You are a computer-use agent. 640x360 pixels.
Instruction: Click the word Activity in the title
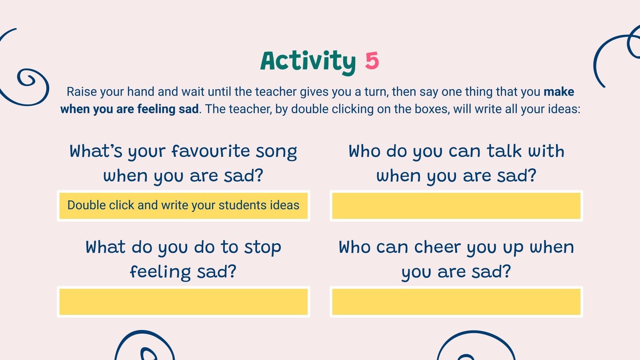308,61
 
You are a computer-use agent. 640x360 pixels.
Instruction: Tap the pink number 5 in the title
372,61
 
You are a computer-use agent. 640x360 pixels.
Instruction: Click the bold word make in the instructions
559,92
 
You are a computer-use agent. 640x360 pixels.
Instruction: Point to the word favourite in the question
211,151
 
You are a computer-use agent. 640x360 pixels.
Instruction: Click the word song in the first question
276,151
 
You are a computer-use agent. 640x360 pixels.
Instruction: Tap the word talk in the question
504,151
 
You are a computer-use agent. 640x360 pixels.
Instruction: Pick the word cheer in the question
437,247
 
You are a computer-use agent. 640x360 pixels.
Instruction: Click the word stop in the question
262,247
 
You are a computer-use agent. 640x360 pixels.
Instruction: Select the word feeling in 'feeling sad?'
160,272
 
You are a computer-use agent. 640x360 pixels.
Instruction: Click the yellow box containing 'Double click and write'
184,206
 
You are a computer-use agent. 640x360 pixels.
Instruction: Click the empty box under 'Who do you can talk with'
456,206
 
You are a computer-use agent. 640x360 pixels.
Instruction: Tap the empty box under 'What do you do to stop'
184,302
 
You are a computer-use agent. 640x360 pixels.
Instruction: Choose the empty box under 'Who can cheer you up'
456,302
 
